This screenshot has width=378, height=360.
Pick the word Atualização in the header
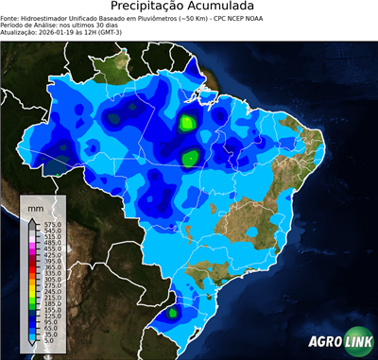[x=21, y=34]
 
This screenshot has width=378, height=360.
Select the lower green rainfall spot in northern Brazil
[x=190, y=158]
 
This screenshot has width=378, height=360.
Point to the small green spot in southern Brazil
[x=172, y=311]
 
